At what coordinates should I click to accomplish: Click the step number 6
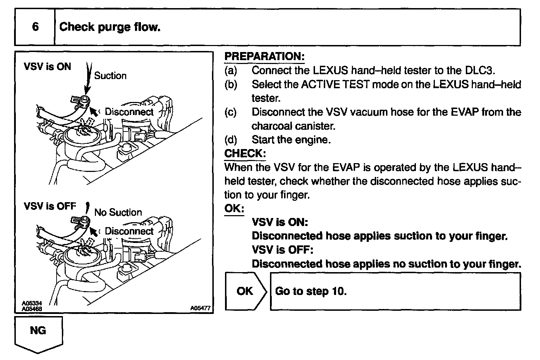tap(35, 27)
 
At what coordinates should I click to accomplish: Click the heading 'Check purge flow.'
tap(110, 27)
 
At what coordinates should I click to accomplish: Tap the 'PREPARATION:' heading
tap(264, 56)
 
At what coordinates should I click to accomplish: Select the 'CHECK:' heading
tap(245, 154)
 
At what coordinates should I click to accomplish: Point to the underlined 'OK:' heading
tap(234, 208)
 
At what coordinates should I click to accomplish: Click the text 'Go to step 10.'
tap(311, 291)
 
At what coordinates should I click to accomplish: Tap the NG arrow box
tap(38, 333)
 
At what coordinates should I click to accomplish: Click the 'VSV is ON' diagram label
tap(47, 66)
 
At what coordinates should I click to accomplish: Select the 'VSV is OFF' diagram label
tap(50, 206)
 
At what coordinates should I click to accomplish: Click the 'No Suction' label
tap(118, 212)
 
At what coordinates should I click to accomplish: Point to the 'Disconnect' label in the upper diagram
tap(129, 112)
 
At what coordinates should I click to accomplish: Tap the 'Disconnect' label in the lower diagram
tap(129, 231)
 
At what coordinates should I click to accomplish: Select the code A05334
tap(32, 303)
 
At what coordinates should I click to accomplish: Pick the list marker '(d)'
tap(231, 140)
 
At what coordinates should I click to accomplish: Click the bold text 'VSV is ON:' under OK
tap(280, 222)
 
